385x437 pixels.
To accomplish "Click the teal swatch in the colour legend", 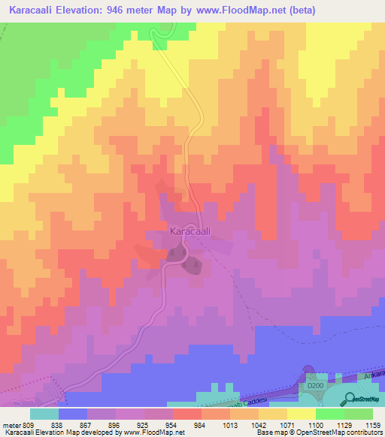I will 44,414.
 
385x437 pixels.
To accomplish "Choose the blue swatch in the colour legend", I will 73,414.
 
